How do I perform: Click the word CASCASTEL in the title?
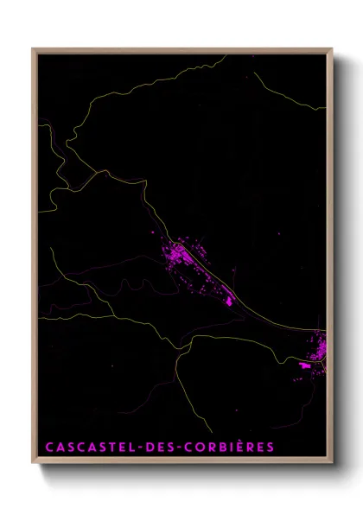coord(83,448)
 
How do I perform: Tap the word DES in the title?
coord(149,448)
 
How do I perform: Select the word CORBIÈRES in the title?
coord(224,448)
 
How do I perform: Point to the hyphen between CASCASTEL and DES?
coord(126,448)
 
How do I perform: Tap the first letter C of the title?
coord(48,448)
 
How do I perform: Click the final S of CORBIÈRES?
coord(271,448)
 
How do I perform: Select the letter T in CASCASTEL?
coord(99,448)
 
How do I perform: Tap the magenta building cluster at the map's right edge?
coord(318,348)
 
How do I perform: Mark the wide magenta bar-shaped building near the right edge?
coord(304,366)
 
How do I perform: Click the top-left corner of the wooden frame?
coord(34,49)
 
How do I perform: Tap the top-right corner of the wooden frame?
coord(332,49)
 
